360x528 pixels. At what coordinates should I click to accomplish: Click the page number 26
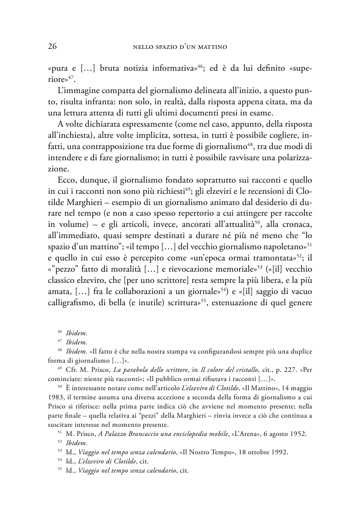point(52,47)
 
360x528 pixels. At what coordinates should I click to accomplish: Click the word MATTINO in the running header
point(209,47)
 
